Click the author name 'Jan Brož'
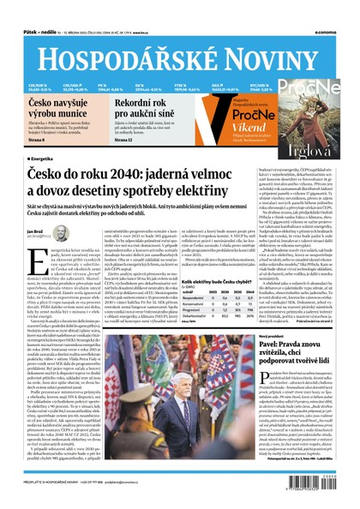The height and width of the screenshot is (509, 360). click(x=33, y=231)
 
